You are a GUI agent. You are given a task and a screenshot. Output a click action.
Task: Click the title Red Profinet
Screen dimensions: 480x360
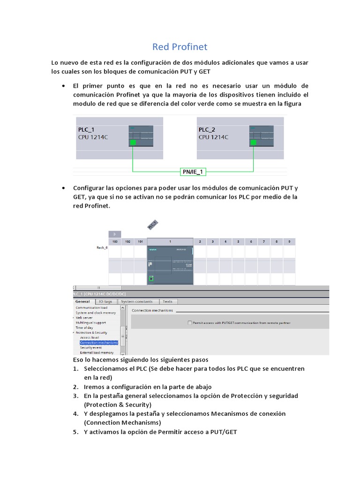coord(180,47)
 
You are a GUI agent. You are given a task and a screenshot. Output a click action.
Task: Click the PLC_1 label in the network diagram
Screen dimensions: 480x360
coord(86,129)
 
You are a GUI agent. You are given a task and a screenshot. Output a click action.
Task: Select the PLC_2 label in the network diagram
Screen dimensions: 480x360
coord(207,129)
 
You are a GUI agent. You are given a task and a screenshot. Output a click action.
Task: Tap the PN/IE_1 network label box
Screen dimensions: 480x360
coord(193,172)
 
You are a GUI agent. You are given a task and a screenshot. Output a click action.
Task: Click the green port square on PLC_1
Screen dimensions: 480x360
coord(133,142)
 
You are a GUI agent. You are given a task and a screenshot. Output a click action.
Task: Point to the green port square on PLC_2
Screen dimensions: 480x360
coord(253,142)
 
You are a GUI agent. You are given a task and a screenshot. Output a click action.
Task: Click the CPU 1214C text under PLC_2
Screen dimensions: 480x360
coord(213,137)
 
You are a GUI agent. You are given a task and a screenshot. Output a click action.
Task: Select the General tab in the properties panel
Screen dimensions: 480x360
coord(82,302)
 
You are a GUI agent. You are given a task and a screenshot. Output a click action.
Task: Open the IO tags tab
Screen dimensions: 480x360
coord(105,302)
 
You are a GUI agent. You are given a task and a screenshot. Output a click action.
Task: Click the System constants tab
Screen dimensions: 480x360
coord(136,302)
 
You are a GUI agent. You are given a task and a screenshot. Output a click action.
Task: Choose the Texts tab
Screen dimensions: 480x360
coord(167,302)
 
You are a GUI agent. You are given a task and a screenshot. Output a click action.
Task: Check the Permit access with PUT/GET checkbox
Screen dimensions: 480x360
coord(190,323)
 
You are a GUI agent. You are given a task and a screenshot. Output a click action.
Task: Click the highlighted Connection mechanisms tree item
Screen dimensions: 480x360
coord(98,343)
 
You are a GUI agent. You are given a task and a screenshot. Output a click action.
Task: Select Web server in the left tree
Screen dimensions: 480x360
coord(85,318)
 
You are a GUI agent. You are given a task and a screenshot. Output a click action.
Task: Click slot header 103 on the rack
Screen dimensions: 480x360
coord(115,241)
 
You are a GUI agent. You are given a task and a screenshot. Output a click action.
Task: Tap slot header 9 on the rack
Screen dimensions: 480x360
coord(289,241)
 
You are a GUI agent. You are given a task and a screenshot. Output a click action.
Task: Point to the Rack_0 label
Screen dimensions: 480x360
coord(102,247)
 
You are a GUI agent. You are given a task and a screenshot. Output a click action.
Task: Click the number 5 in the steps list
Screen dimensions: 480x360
coord(75,432)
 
